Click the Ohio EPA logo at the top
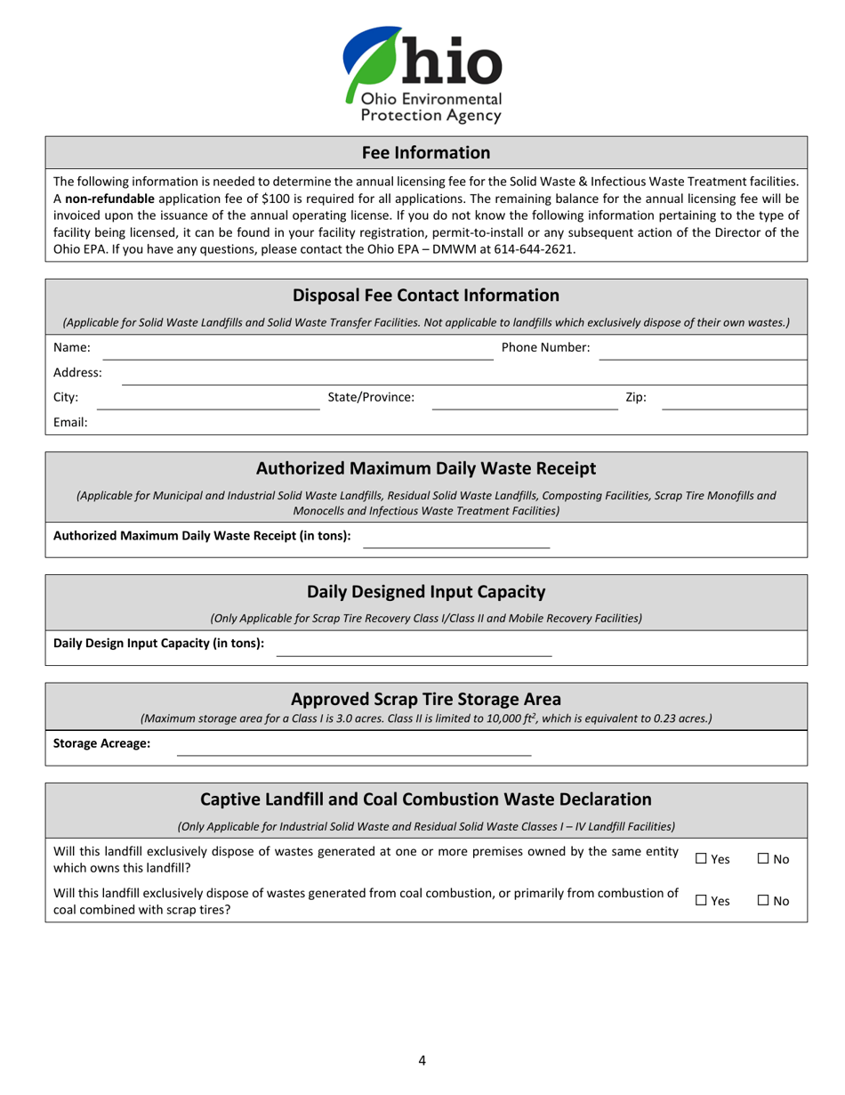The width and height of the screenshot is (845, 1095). (x=422, y=75)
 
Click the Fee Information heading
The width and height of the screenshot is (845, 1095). (x=425, y=152)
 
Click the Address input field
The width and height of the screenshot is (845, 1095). (x=463, y=374)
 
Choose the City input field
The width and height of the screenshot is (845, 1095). (x=213, y=399)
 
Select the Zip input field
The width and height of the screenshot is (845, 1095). (x=733, y=399)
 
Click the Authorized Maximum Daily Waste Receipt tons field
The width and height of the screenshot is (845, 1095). (x=456, y=537)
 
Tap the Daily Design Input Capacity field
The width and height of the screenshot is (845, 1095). (x=414, y=645)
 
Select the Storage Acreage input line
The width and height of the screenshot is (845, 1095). (x=353, y=745)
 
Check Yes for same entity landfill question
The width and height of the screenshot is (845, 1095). (x=701, y=859)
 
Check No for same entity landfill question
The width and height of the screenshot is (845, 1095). (x=763, y=859)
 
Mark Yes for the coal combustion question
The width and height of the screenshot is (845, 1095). (x=701, y=901)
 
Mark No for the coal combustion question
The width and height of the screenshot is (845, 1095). (x=763, y=901)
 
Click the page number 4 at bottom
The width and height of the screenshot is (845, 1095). (x=422, y=1059)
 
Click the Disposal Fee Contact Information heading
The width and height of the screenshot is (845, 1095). (x=425, y=296)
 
